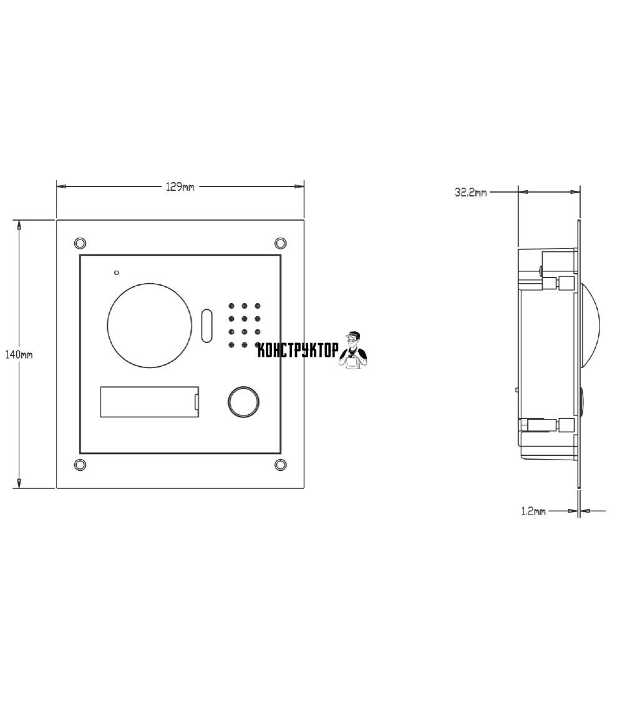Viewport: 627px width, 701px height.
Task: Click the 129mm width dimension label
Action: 180,187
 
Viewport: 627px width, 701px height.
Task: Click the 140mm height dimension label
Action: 18,354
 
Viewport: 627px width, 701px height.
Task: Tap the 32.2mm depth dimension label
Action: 471,193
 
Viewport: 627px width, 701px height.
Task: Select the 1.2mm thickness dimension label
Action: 533,511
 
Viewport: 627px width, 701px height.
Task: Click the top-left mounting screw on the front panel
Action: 80,243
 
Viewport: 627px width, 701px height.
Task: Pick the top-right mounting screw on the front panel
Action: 280,243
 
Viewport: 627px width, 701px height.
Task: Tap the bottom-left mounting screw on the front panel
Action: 80,465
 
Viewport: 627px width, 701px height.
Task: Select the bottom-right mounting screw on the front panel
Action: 280,465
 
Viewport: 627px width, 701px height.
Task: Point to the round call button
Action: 244,402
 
